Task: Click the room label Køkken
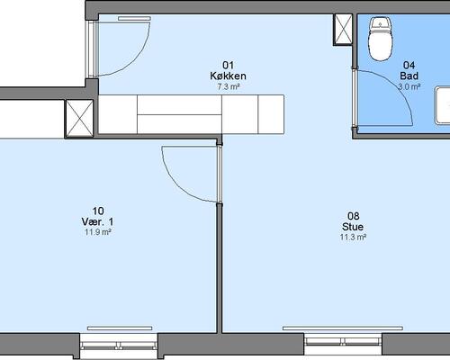click(x=228, y=76)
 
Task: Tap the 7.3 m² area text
click(x=229, y=87)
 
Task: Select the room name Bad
click(x=409, y=76)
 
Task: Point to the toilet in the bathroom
click(x=381, y=39)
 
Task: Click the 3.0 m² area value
click(x=409, y=87)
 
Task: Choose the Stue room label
click(x=353, y=227)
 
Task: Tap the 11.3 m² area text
click(x=353, y=238)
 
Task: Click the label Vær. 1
click(x=98, y=221)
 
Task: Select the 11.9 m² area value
click(x=98, y=232)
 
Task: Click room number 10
click(x=98, y=211)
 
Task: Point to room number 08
click(x=353, y=216)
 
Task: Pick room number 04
click(x=409, y=65)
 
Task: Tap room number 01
click(x=228, y=65)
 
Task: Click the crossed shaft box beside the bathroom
click(x=343, y=30)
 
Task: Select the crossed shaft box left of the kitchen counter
click(x=79, y=119)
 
